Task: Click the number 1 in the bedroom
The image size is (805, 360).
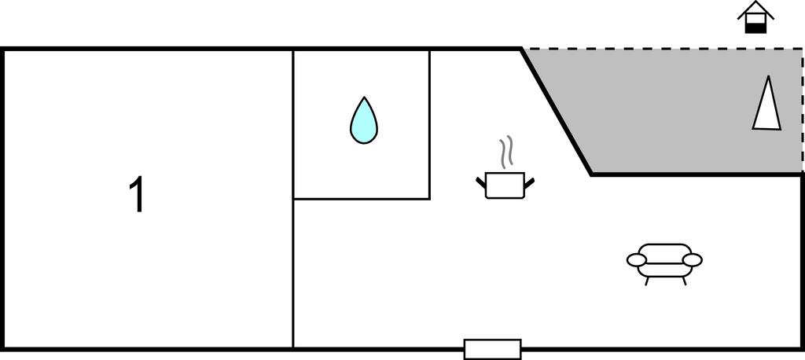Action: coord(137,194)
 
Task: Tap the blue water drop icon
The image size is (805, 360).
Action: coord(363,121)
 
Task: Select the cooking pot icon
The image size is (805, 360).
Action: coord(505,186)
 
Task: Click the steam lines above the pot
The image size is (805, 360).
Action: coord(506,152)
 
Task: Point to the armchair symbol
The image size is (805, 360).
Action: coord(664,264)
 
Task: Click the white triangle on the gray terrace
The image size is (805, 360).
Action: coord(767,104)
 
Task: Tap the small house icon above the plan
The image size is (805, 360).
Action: coord(755,17)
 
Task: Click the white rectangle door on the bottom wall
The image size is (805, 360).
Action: coord(492,349)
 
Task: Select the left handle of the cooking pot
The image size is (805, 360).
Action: coord(481,182)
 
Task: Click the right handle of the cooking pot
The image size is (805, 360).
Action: coord(529,182)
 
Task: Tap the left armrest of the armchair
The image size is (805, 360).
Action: coord(637,260)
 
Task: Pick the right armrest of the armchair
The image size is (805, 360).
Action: coord(692,260)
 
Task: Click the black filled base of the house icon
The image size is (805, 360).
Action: coord(755,28)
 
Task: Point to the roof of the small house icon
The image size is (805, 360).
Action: coord(755,9)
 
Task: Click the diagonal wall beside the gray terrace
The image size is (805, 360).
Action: coord(557,112)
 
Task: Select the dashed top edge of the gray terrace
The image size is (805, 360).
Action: coord(662,49)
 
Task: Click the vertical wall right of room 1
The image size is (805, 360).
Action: coord(293,200)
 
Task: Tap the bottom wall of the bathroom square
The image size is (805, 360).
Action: coord(362,199)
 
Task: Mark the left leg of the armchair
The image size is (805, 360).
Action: coord(646,281)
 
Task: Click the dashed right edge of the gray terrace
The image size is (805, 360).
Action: coord(803,111)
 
